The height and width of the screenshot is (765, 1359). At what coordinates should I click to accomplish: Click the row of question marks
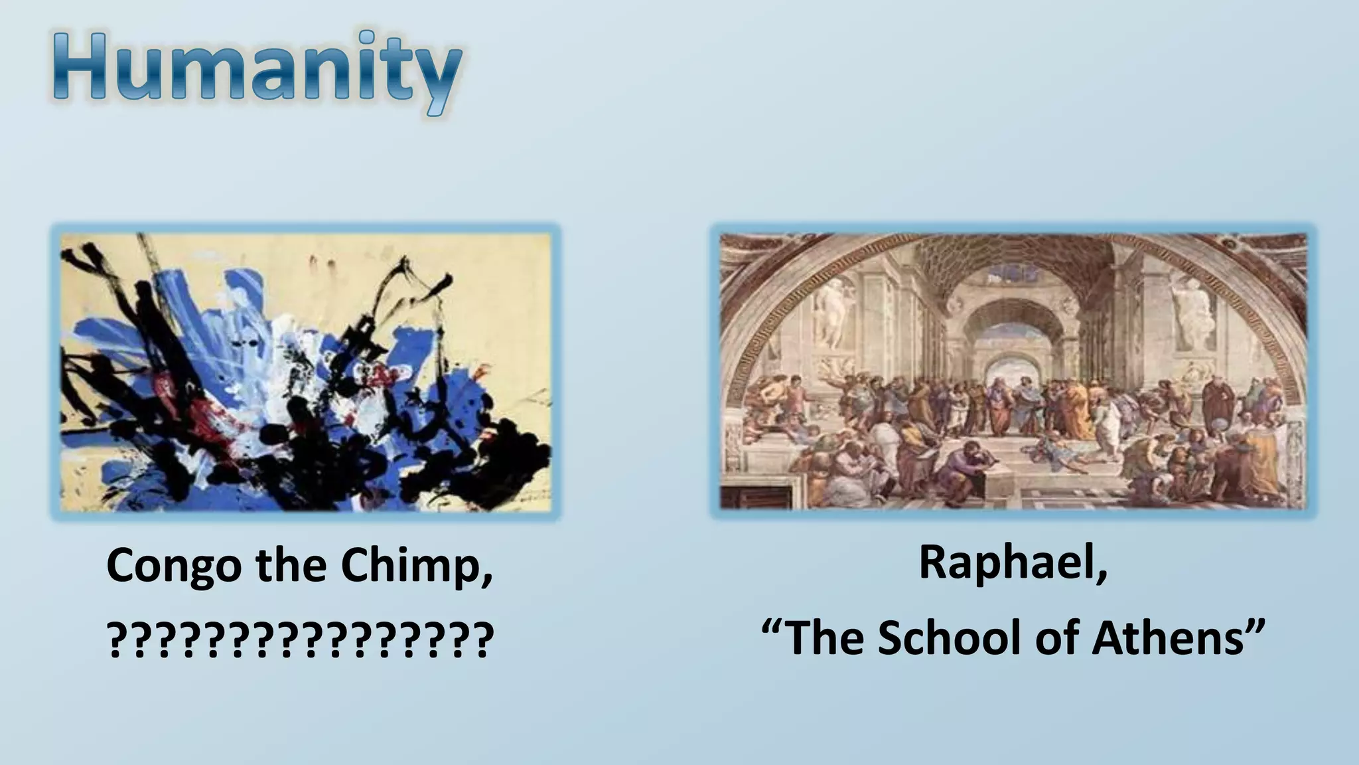pos(300,639)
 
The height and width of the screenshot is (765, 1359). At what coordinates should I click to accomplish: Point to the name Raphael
pos(1013,562)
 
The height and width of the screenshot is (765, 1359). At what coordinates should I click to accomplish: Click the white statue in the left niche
pos(831,312)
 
